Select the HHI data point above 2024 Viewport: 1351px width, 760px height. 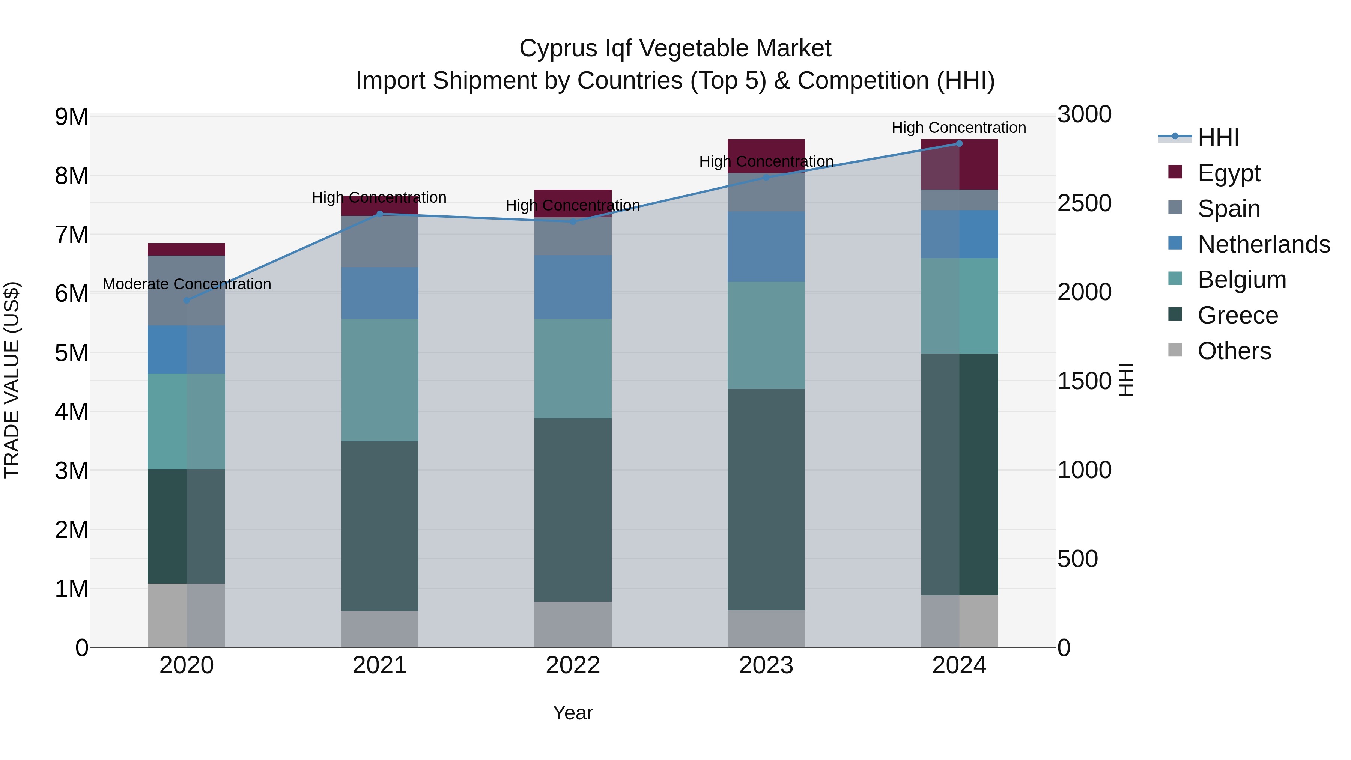[959, 144]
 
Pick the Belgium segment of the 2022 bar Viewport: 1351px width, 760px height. [573, 368]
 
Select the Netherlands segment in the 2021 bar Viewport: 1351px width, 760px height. [380, 293]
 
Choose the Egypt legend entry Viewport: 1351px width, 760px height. [1228, 173]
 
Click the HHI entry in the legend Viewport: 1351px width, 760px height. [1218, 137]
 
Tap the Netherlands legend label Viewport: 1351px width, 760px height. [1264, 244]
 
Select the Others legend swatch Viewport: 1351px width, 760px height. [1175, 350]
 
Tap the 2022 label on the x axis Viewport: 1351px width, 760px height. [573, 665]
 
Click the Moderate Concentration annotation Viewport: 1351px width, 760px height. [187, 284]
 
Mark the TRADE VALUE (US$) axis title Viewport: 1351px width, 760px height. [12, 380]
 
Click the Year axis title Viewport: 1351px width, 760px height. [573, 713]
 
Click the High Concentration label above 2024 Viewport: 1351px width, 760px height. [959, 128]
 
